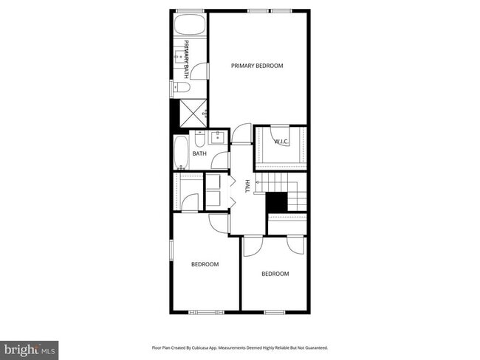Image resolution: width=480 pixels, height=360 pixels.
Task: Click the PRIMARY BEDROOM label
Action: (257, 66)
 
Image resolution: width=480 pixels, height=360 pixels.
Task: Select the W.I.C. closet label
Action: (281, 141)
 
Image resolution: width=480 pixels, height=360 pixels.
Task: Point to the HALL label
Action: (247, 186)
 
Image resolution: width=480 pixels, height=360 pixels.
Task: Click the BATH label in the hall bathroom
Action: (199, 153)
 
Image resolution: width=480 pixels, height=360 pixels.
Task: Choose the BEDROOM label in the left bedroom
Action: (205, 264)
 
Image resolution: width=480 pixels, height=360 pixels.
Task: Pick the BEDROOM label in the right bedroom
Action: (275, 274)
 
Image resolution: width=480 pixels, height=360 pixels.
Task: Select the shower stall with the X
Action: (189, 111)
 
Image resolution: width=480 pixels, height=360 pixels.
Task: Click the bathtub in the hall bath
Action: (182, 153)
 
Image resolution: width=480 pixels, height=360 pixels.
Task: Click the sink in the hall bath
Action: (219, 138)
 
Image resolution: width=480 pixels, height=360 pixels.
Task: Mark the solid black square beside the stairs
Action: (276, 202)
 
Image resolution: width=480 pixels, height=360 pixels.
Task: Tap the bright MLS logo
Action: (30, 347)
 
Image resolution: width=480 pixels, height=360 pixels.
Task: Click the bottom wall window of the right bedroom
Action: (275, 312)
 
